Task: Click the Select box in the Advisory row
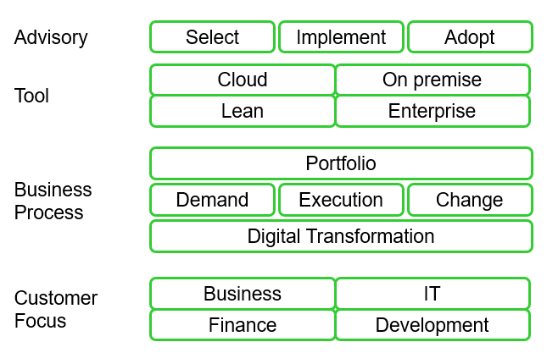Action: click(213, 37)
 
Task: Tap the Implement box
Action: click(341, 37)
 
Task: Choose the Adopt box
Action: click(470, 37)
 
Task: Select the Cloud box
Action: click(243, 80)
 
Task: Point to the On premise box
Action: click(433, 80)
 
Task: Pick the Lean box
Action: click(243, 111)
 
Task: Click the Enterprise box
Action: click(433, 111)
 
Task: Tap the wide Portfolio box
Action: click(341, 163)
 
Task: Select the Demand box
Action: click(213, 200)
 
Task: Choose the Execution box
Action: click(341, 200)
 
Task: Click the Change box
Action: click(470, 200)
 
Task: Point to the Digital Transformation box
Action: click(341, 236)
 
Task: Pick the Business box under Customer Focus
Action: click(243, 293)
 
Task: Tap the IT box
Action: click(433, 293)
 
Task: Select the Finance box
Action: click(243, 325)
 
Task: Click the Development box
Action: click(433, 325)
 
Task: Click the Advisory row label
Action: click(51, 37)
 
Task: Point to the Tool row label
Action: click(31, 96)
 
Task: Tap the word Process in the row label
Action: click(49, 212)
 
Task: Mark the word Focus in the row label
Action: click(40, 321)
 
